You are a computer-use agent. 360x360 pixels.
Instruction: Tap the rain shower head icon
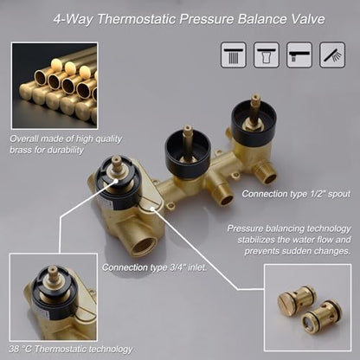[x=234, y=55]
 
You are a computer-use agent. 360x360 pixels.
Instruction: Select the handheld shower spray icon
[x=332, y=55]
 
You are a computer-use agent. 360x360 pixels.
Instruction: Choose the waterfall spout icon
[x=267, y=55]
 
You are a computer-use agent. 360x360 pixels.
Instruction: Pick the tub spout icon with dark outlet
[x=299, y=55]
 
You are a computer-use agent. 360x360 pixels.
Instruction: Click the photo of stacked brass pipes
[x=55, y=86]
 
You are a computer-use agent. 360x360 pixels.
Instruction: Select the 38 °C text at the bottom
[x=20, y=349]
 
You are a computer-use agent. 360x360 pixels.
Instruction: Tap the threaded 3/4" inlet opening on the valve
[x=145, y=246]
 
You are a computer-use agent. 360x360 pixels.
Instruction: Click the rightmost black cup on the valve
[x=254, y=120]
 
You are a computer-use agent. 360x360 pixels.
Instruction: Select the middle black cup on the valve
[x=188, y=153]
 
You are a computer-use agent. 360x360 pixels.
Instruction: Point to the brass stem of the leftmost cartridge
[x=117, y=165]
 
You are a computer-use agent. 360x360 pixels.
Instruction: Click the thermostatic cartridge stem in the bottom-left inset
[x=53, y=273]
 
